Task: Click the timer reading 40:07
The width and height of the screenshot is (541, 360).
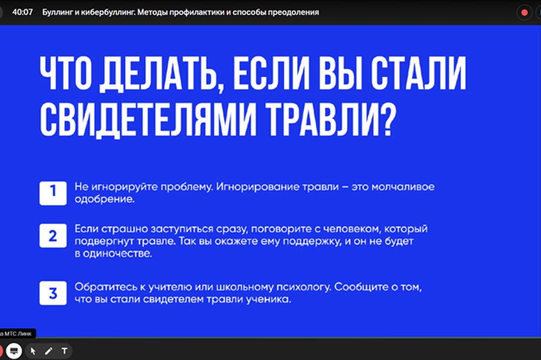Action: pyautogui.click(x=22, y=12)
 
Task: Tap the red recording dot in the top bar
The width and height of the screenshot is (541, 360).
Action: pyautogui.click(x=524, y=13)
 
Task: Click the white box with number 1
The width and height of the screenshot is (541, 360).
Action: pyautogui.click(x=53, y=193)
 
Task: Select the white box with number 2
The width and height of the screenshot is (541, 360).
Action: pyautogui.click(x=53, y=236)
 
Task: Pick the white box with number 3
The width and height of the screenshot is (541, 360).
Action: pyautogui.click(x=53, y=293)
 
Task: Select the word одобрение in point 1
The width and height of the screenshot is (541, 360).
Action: pyautogui.click(x=104, y=199)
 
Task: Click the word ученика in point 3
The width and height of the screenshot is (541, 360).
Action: pyautogui.click(x=268, y=299)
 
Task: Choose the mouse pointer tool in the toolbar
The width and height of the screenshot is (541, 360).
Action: pyautogui.click(x=33, y=351)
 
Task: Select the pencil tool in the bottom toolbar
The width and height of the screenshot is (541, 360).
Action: pyautogui.click(x=49, y=351)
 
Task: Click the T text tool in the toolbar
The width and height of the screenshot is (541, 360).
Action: pyautogui.click(x=64, y=351)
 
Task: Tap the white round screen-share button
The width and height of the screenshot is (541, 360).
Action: pyautogui.click(x=14, y=351)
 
